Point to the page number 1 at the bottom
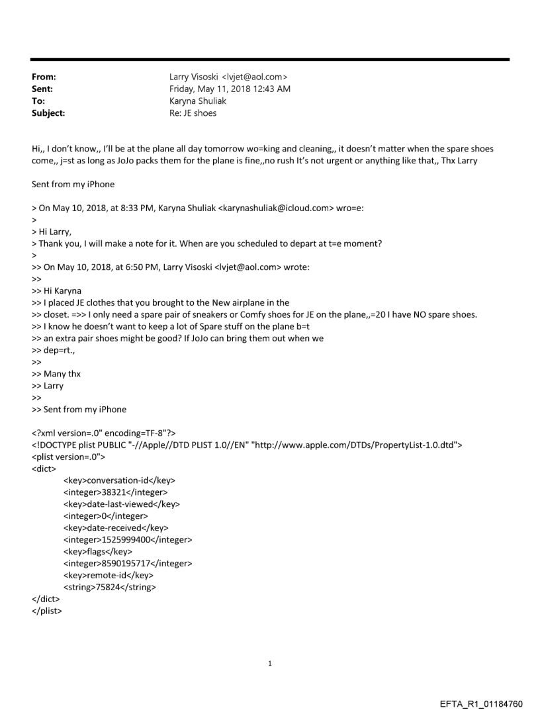270,663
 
